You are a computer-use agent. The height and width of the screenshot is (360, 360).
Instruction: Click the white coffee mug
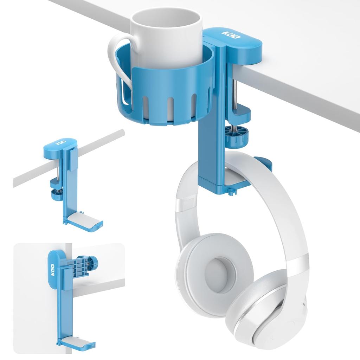165,35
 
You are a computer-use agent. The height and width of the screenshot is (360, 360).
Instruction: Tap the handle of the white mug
116,60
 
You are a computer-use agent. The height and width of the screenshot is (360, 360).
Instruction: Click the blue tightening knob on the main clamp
236,135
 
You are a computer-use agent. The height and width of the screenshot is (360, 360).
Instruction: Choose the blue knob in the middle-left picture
56,193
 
